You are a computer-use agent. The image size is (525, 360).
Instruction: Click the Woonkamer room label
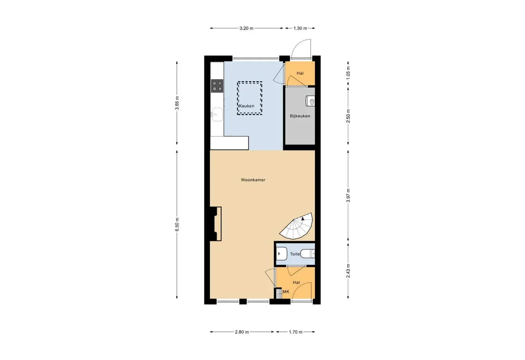[x=253, y=180]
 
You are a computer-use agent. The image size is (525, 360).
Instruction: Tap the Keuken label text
[x=246, y=106]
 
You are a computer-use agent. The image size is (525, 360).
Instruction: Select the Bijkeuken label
[x=300, y=116]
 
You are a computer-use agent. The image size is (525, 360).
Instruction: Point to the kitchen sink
[x=217, y=115]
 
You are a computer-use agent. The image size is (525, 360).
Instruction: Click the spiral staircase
[x=296, y=226]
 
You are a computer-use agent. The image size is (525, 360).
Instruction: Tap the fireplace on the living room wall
[x=216, y=224]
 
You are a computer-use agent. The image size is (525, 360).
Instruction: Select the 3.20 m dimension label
[x=246, y=28]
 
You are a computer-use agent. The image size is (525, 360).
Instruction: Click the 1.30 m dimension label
[x=300, y=28]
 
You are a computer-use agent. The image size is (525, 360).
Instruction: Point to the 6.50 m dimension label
[x=177, y=224]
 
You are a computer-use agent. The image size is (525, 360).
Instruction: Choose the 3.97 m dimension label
[x=348, y=196]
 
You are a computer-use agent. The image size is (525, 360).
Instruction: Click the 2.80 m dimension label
[x=242, y=332]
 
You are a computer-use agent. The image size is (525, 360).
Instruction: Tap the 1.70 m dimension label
[x=296, y=332]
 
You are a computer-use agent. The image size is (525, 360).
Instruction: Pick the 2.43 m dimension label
[x=348, y=271]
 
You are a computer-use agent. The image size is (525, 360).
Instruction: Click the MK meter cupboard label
[x=286, y=292]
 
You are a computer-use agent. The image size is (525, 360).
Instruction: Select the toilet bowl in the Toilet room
[x=307, y=253]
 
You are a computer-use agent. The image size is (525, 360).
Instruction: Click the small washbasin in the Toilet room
[x=281, y=253]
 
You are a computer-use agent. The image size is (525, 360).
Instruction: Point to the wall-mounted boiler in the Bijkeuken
[x=310, y=101]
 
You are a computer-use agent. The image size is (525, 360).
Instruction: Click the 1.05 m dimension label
[x=348, y=73]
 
